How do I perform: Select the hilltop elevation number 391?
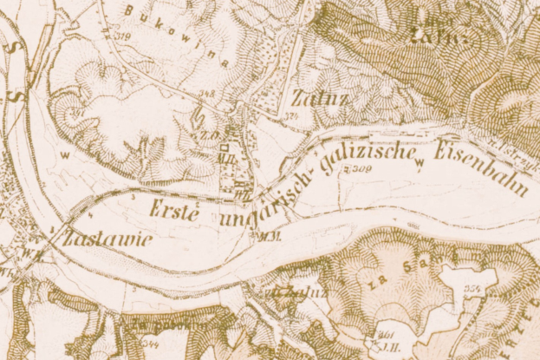click(x=78, y=113)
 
